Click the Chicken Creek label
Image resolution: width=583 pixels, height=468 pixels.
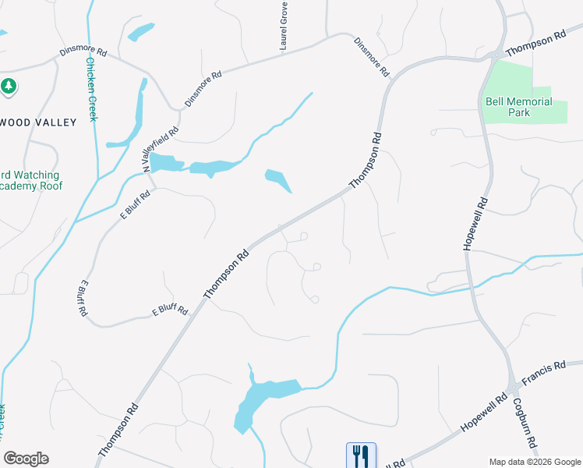pos(91,89)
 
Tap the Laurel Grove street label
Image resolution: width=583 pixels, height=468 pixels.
pos(284,27)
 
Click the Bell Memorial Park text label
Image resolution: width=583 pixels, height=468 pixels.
pos(518,107)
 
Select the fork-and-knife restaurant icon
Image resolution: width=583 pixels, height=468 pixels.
pos(361,455)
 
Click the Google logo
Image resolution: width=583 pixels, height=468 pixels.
pos(26,459)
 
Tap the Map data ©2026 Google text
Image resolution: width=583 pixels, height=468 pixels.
pos(534,461)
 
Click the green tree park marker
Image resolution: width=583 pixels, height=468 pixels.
pos(9,86)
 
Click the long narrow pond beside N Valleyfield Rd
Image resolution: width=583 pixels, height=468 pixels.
pos(139,109)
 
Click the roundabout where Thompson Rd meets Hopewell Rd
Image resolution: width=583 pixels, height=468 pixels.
pos(495,55)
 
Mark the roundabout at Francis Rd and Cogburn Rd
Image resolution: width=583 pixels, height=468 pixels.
pos(514,388)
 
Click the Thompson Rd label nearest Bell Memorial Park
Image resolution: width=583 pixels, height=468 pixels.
pos(534,44)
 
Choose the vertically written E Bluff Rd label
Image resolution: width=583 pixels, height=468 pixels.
pos(83,297)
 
